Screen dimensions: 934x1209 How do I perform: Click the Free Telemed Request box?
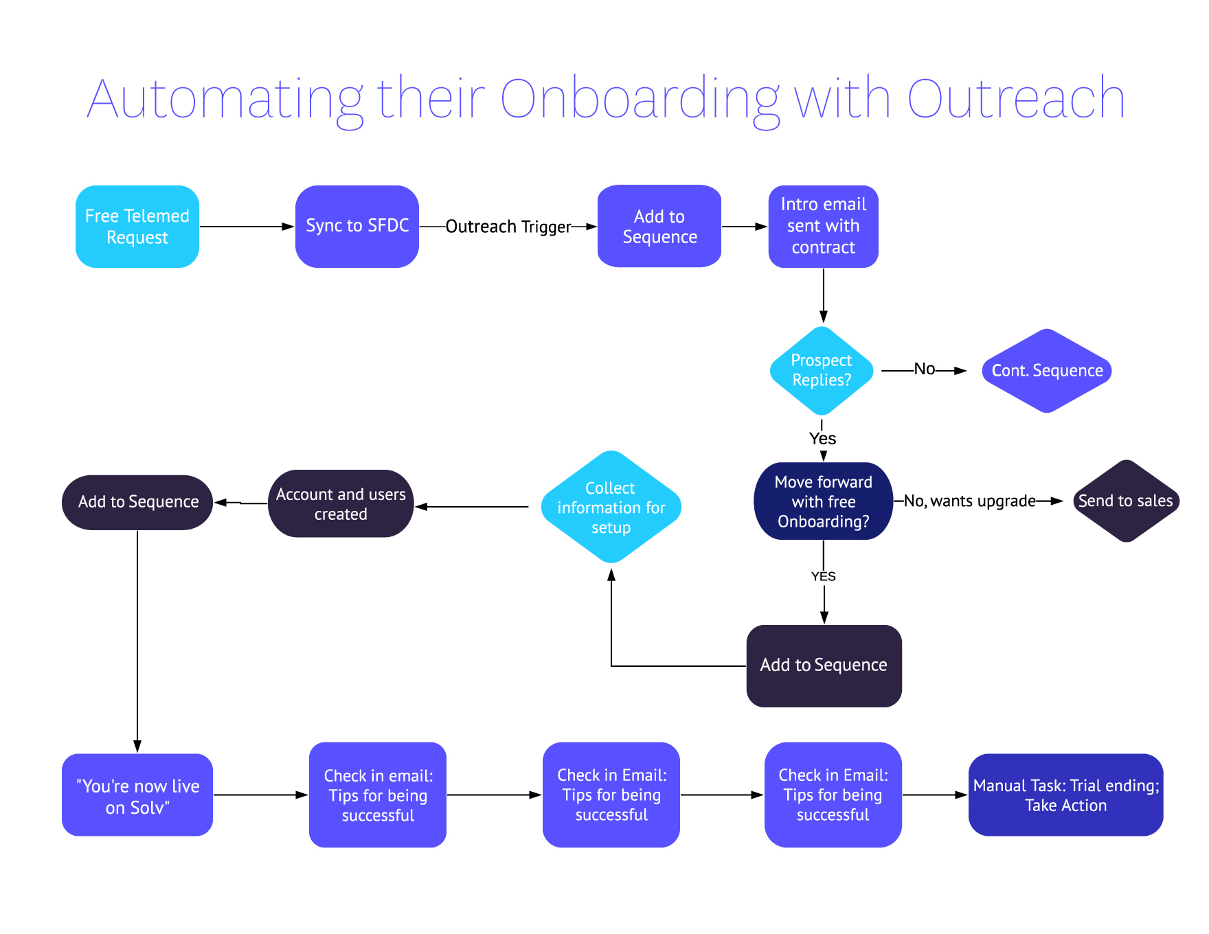[x=137, y=227]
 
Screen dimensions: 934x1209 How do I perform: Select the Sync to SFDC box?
[x=357, y=227]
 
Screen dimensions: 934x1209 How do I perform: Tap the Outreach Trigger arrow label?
[x=508, y=227]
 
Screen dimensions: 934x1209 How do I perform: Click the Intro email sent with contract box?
[x=823, y=227]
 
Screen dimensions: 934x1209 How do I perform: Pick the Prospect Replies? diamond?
[x=822, y=371]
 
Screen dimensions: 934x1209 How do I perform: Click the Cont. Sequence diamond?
[x=1047, y=371]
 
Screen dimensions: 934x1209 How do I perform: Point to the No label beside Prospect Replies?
[x=924, y=369]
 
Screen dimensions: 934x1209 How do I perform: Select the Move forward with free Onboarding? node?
[x=823, y=501]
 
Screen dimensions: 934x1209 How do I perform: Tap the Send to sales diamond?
[x=1125, y=501]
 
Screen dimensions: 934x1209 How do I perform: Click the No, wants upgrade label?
[x=969, y=501]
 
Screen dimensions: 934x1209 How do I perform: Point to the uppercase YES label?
[x=823, y=576]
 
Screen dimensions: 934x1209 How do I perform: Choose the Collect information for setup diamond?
[x=611, y=508]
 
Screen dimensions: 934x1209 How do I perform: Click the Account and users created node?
[x=341, y=504]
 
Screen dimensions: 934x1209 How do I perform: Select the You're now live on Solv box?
[x=137, y=795]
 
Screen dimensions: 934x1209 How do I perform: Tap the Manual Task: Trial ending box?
[x=1065, y=795]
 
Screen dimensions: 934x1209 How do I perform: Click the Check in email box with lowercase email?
[x=378, y=795]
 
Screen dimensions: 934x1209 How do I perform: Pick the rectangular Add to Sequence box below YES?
[x=824, y=665]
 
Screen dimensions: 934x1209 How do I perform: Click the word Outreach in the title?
[x=1015, y=100]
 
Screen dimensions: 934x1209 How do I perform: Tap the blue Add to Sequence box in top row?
[x=659, y=227]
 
